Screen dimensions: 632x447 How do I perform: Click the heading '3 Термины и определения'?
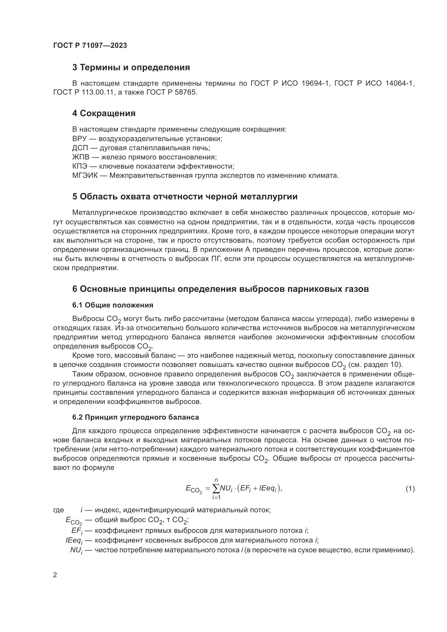[131, 68]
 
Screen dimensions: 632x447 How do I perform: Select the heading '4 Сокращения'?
[104, 113]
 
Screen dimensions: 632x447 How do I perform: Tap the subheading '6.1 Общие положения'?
[113, 305]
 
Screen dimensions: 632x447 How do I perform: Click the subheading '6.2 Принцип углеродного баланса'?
[135, 417]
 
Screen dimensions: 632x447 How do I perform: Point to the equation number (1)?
[410, 489]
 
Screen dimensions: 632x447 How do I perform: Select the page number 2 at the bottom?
[55, 575]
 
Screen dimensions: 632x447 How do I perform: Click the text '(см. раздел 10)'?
[375, 365]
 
